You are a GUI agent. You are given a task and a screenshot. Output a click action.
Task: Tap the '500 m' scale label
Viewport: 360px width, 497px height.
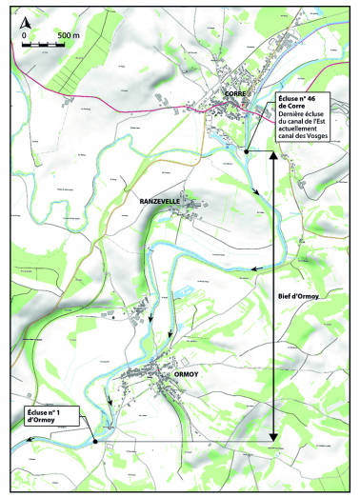pos(68,34)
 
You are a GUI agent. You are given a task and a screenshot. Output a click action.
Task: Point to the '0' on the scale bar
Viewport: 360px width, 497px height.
pos(24,35)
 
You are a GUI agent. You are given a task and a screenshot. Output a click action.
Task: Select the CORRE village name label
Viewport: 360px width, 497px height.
pos(236,93)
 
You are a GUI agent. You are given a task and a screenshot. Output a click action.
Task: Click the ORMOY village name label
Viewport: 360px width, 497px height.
pos(187,375)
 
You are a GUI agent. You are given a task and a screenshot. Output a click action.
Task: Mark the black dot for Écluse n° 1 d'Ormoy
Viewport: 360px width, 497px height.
pos(96,442)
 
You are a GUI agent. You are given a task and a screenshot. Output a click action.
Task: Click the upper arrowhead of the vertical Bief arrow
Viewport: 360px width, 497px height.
pos(274,156)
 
